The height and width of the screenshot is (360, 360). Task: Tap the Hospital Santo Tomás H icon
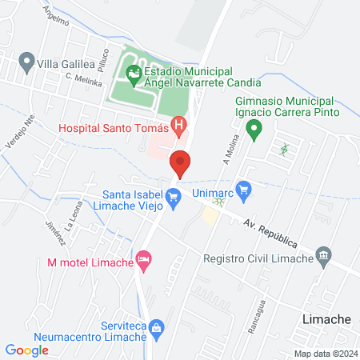[180, 126]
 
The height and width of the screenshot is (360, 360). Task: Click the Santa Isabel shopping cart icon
[173, 195]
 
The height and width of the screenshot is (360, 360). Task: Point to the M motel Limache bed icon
[144, 258]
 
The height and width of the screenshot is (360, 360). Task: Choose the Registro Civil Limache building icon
[324, 256]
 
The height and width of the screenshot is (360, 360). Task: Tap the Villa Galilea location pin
[26, 61]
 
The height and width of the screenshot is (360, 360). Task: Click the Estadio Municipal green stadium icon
[133, 77]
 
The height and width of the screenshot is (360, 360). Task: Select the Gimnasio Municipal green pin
[254, 128]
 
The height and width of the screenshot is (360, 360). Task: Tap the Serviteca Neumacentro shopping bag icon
[157, 326]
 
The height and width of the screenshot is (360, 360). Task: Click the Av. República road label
[271, 231]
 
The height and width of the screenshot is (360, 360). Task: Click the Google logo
[26, 350]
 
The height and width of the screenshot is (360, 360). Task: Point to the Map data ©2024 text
[325, 354]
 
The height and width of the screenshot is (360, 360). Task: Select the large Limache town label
[327, 318]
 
